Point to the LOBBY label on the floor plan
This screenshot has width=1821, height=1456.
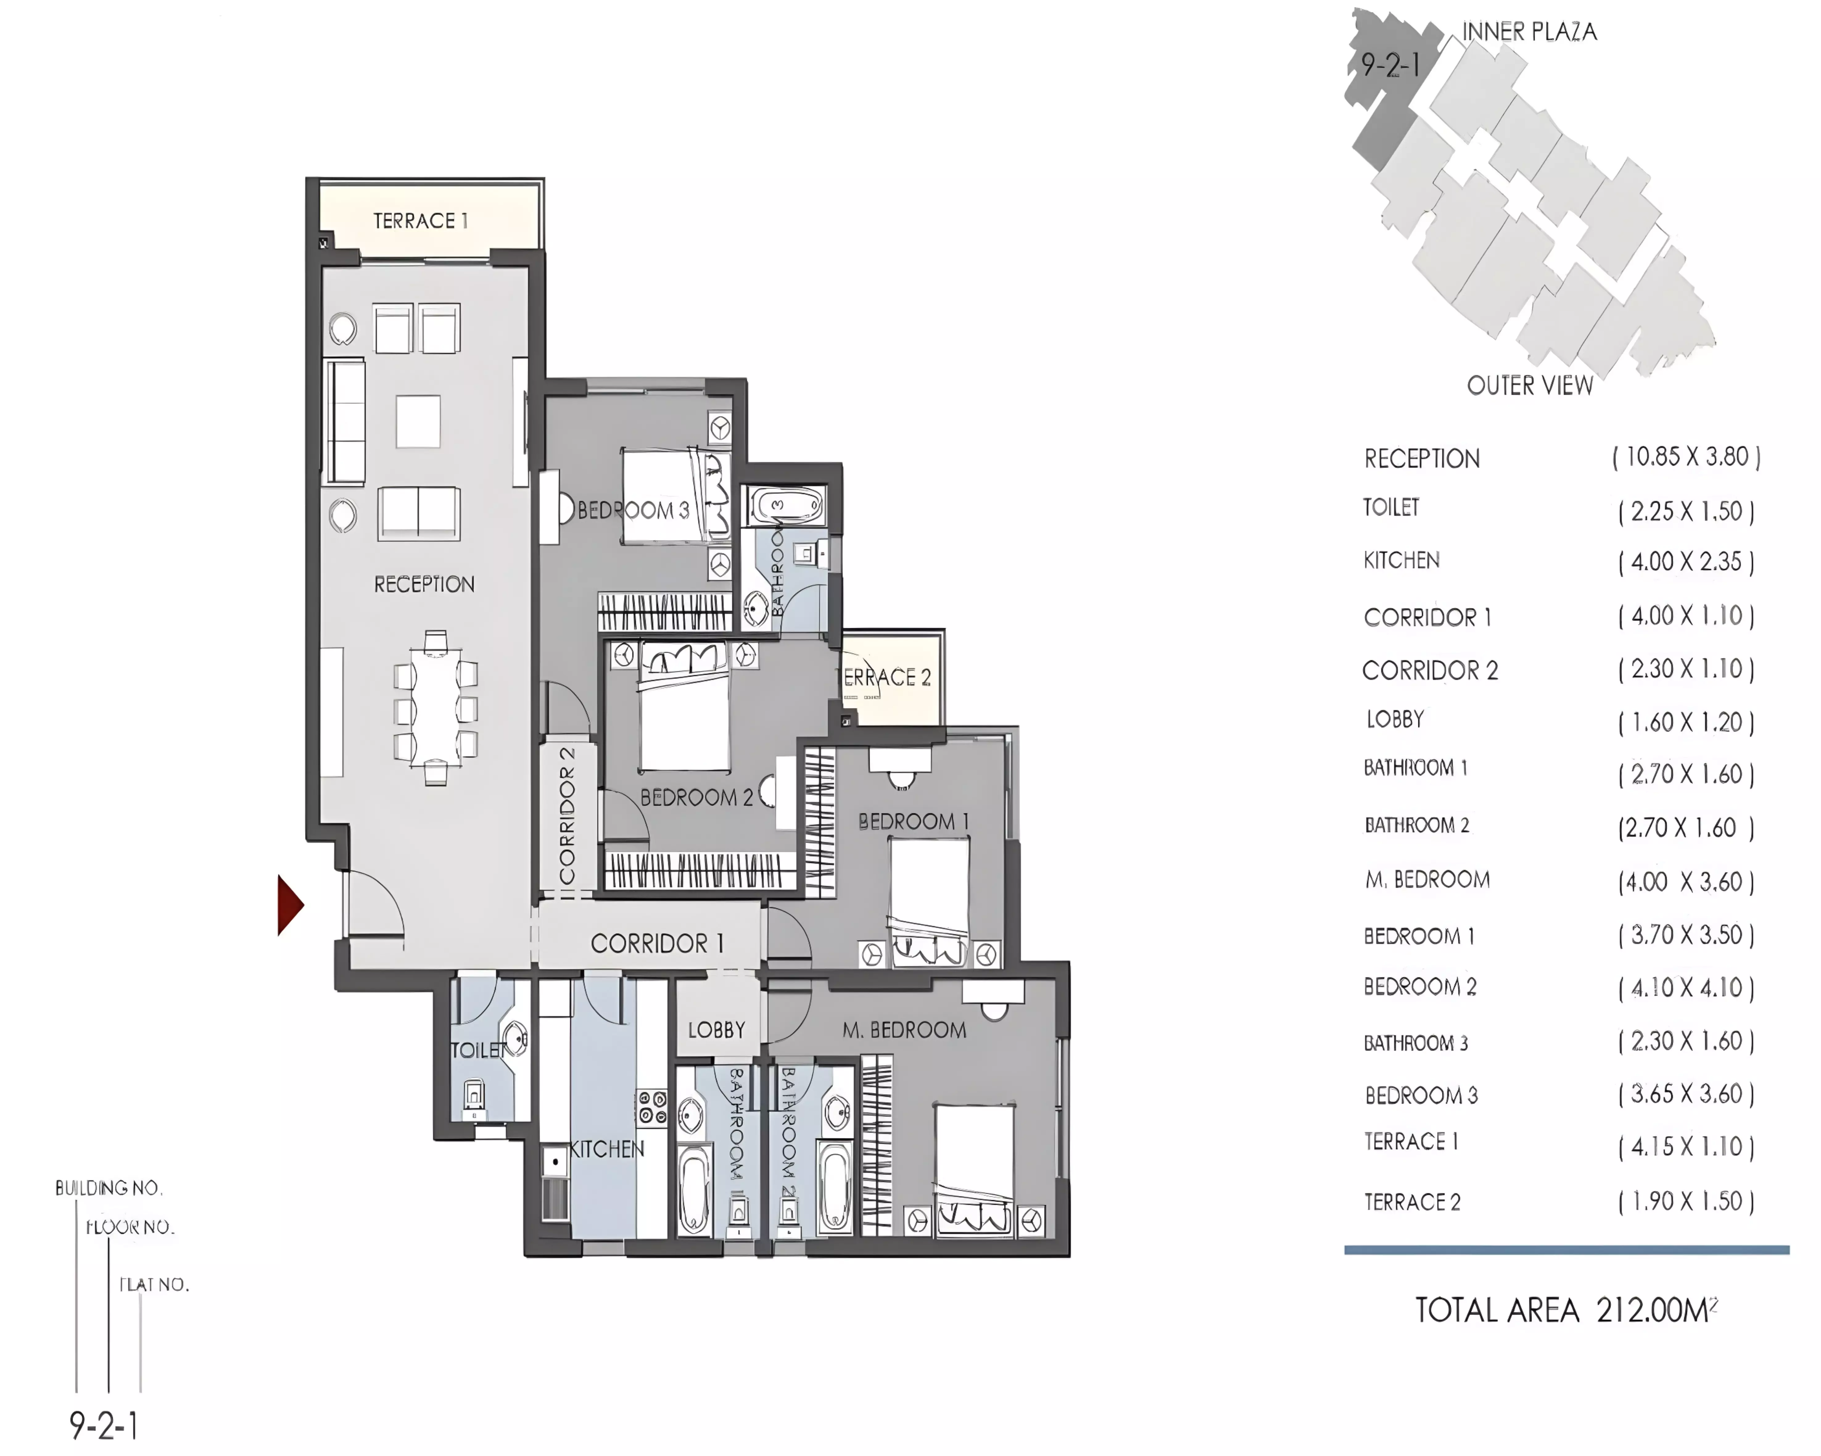coord(716,1030)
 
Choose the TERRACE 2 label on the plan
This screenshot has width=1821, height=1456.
coord(887,677)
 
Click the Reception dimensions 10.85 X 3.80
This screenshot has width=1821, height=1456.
coord(1686,457)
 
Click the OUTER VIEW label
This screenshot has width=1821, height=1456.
coord(1530,386)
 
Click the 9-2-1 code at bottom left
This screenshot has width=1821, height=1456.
coord(104,1425)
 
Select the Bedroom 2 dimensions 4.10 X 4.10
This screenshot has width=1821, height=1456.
coord(1686,987)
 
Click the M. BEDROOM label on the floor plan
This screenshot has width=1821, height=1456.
coord(904,1030)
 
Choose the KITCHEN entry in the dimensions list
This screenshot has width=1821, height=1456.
coord(1401,560)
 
